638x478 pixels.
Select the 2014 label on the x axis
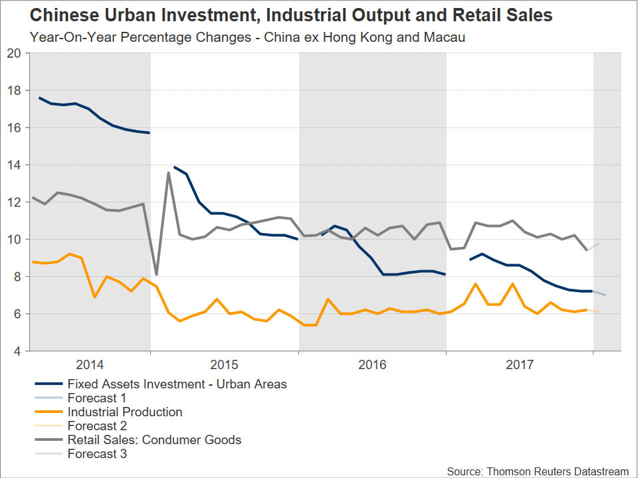point(90,364)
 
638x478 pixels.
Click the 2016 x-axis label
point(372,364)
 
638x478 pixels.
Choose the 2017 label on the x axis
point(520,364)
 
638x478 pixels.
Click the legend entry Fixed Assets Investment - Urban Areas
point(177,384)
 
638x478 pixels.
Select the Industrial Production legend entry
point(124,412)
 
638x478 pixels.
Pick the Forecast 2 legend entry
point(96,426)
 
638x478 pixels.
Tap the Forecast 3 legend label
point(96,454)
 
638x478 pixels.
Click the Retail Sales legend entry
point(154,439)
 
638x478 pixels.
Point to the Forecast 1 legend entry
point(96,398)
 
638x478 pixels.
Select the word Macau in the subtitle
point(446,37)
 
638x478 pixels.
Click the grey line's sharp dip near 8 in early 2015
point(156,274)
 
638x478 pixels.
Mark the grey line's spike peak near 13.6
point(169,173)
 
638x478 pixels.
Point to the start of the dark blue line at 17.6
point(39,98)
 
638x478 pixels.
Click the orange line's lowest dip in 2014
point(94,297)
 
